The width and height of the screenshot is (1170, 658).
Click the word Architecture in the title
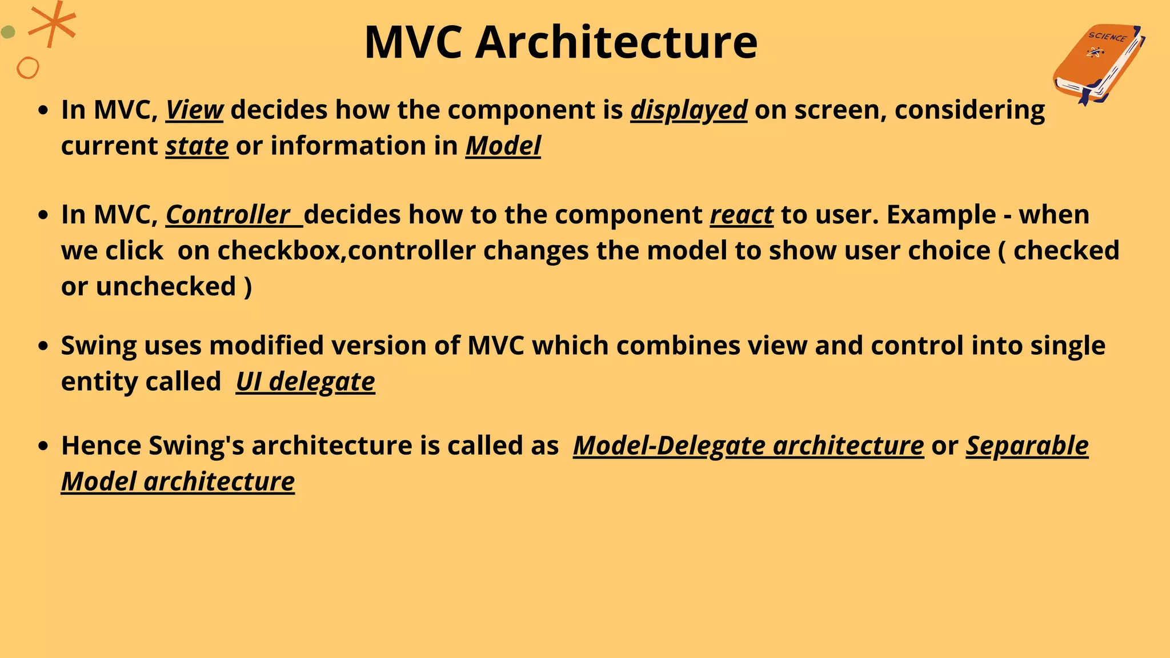click(x=616, y=42)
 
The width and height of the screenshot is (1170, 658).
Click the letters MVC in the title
click(x=413, y=42)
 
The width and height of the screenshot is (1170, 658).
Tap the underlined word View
click(x=194, y=110)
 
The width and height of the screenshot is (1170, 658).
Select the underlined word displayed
click(x=688, y=110)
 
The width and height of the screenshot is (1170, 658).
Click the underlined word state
click(x=197, y=146)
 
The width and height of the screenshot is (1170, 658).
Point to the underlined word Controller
click(x=228, y=215)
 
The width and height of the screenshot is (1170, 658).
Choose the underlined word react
click(x=742, y=215)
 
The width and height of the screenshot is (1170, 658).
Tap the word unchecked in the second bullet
click(x=166, y=287)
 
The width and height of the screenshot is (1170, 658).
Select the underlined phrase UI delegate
click(x=305, y=382)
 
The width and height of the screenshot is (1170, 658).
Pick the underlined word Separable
click(x=1027, y=446)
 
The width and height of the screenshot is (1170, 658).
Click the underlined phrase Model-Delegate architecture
click(x=748, y=446)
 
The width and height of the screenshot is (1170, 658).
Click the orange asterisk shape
click(x=53, y=24)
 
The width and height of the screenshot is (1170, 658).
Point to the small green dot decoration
click(x=8, y=32)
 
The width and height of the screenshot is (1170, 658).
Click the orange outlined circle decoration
click(x=27, y=68)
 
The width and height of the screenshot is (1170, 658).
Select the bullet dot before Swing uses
click(x=43, y=347)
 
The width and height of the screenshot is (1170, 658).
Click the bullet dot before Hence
click(x=43, y=447)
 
